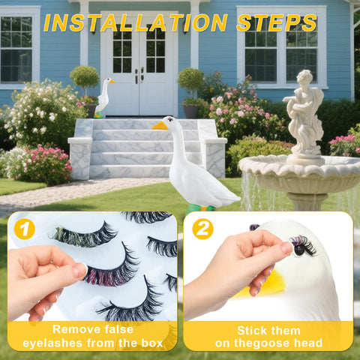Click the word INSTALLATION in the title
pos(135,23)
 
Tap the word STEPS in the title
pos(277,23)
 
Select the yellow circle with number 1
pos(25,229)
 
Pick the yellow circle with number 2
pos(202,229)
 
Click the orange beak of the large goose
pos(160,125)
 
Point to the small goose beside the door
pos(103,97)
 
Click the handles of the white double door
pos(139,75)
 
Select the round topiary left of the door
pos(85,77)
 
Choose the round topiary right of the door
pos(191,79)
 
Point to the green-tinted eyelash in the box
pos(83,235)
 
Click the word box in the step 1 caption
pos(152,343)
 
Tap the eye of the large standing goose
pos(171,120)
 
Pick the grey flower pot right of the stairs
pos(190,111)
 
